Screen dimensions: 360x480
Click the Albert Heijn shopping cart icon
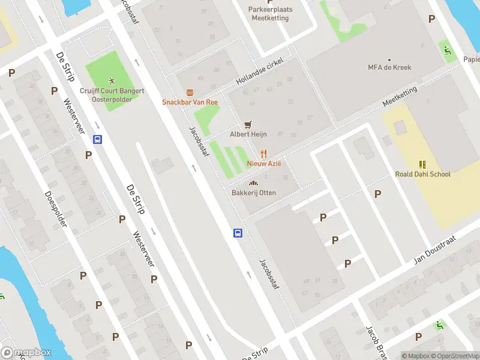(248, 124)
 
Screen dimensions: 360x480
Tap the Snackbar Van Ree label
(190, 102)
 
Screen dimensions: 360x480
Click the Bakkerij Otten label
(253, 193)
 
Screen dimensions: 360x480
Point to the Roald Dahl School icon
(422, 164)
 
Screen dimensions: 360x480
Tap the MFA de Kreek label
(389, 67)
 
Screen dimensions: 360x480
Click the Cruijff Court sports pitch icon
(112, 80)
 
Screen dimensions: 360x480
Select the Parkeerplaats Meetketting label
(269, 13)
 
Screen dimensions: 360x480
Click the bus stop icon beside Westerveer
(97, 139)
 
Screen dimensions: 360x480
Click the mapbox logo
(26, 353)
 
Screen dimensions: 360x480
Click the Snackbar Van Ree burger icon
(190, 92)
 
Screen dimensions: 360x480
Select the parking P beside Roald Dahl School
(377, 194)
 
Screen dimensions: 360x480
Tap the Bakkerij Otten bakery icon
(253, 183)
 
